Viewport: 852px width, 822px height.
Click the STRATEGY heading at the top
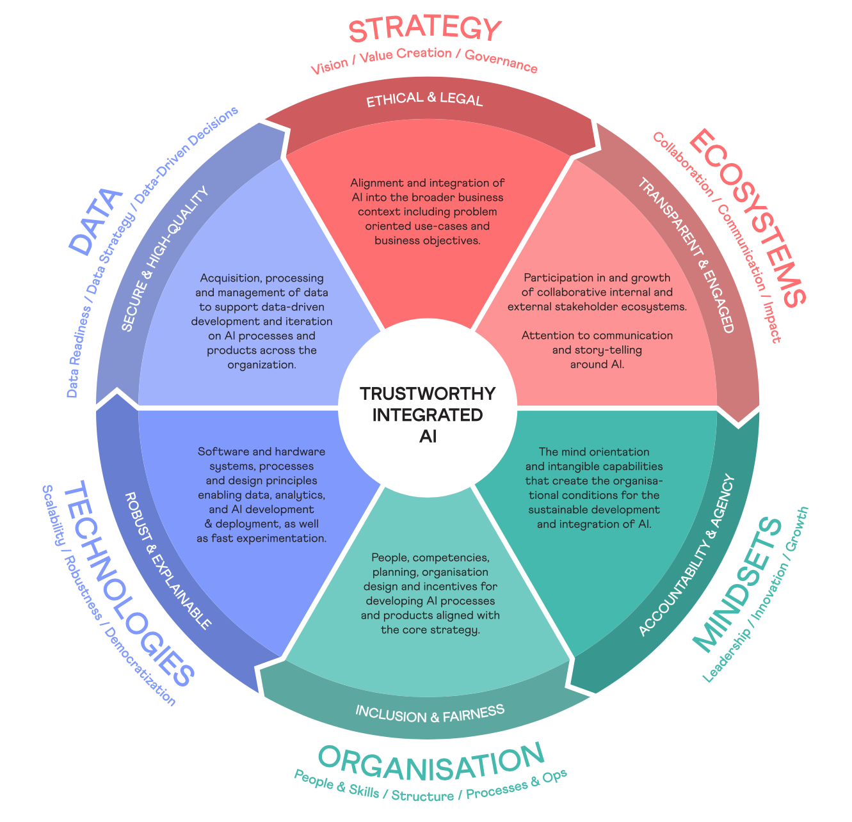click(424, 28)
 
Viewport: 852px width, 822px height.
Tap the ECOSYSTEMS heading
click(747, 217)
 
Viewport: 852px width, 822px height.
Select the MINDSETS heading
click(737, 584)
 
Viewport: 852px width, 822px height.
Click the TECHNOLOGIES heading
click(128, 583)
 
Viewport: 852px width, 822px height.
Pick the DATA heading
click(95, 222)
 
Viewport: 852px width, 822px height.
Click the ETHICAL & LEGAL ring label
click(424, 100)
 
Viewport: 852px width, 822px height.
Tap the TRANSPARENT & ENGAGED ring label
click(686, 255)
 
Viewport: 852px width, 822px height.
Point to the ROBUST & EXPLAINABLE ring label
click(168, 561)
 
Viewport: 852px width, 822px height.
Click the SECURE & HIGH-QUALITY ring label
click(164, 258)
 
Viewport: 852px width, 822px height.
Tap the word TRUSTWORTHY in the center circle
click(428, 393)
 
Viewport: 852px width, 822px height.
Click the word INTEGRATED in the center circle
click(428, 415)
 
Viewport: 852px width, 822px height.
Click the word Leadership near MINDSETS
click(726, 657)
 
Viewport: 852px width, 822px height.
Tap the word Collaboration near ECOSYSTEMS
click(682, 164)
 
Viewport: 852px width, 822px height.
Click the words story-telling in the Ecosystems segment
click(597, 350)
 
